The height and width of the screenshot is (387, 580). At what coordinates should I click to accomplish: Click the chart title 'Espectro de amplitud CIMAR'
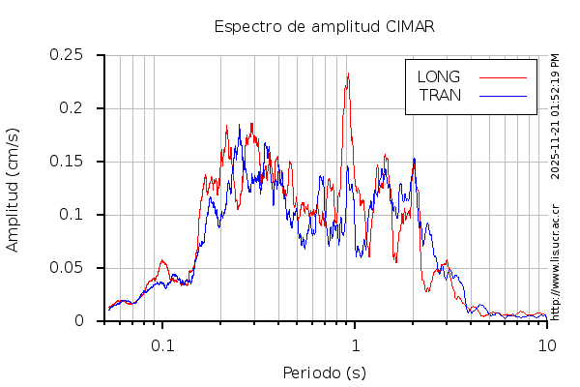click(324, 26)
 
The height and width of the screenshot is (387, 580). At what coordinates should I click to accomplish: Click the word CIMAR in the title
click(407, 26)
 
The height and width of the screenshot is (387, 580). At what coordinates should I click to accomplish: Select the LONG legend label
click(438, 76)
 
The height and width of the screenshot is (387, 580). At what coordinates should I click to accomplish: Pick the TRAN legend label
click(440, 95)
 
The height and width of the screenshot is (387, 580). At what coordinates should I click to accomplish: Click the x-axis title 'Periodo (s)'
click(324, 372)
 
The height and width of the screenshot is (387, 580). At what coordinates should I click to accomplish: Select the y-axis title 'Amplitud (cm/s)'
click(13, 189)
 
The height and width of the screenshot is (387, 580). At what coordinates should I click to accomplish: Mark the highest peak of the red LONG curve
click(348, 74)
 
